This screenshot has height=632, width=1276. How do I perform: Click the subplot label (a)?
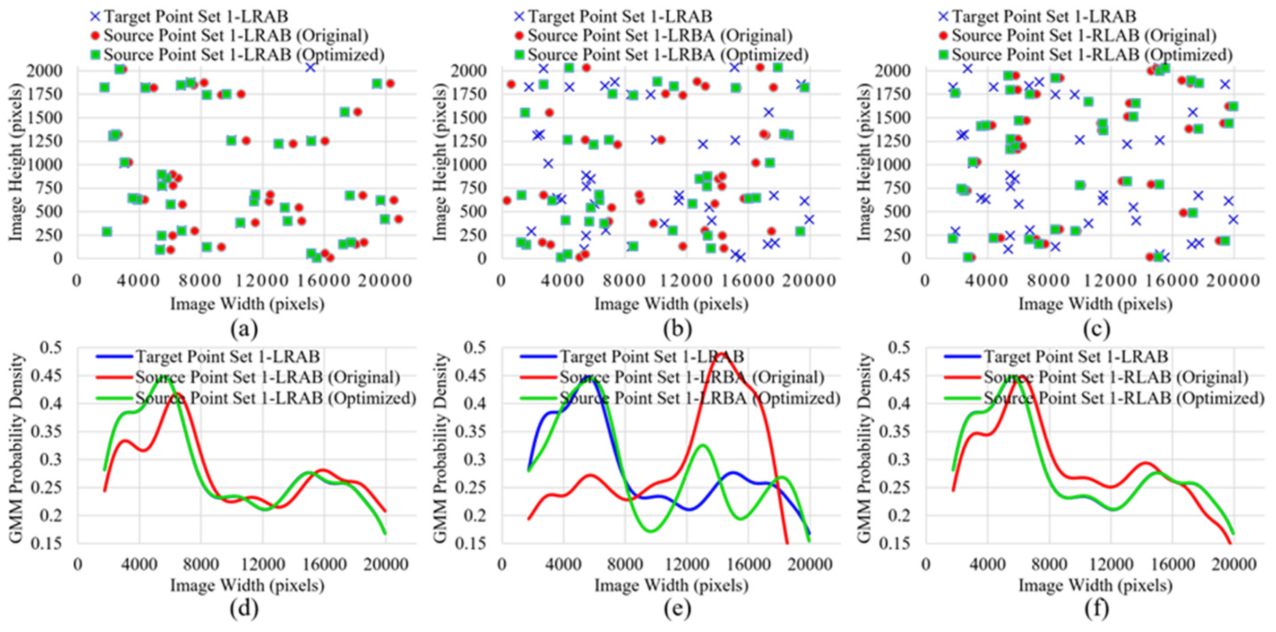click(244, 329)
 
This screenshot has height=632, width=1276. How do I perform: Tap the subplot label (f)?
click(1096, 610)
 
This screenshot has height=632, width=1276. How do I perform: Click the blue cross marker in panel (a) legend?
click(95, 17)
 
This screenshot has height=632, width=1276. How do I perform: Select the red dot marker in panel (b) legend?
click(519, 35)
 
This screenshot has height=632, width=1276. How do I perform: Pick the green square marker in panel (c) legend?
click(943, 54)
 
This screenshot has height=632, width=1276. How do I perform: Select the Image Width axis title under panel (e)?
click(671, 586)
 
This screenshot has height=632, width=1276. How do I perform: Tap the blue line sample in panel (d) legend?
click(114, 356)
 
